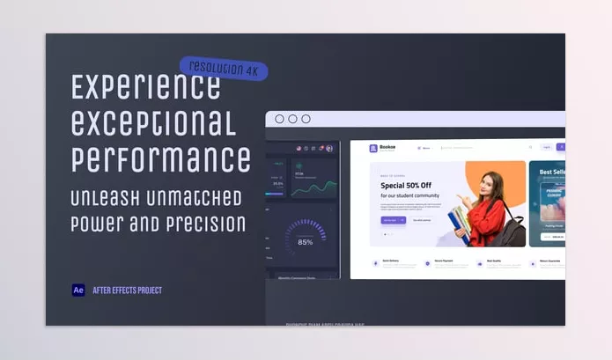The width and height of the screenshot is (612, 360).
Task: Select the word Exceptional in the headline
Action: click(153, 123)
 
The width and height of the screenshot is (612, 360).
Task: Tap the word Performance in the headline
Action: click(160, 159)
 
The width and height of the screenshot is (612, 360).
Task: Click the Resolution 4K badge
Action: click(224, 67)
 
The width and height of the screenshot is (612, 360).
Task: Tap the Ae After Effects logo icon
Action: click(78, 290)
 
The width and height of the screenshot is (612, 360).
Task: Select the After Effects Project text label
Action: click(127, 290)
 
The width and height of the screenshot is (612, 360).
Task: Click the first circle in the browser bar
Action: click(279, 119)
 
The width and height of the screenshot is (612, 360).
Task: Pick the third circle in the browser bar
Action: click(306, 119)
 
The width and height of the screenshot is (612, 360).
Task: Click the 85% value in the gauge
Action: click(306, 242)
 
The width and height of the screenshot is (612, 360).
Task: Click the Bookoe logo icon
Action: click(373, 149)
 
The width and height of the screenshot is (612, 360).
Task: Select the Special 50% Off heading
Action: click(406, 186)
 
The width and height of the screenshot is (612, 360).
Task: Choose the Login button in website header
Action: click(546, 148)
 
